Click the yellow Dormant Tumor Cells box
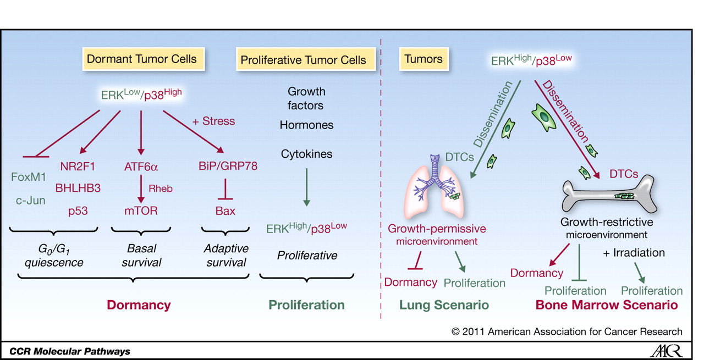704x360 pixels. click(x=142, y=59)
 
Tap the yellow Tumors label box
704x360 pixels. click(x=423, y=59)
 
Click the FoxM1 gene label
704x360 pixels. click(x=29, y=178)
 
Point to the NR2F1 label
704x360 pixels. click(x=78, y=166)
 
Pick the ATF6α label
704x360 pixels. click(x=141, y=166)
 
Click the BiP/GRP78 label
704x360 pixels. click(x=228, y=166)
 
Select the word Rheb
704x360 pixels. click(x=160, y=189)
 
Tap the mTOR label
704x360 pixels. click(x=141, y=211)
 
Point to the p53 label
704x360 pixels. click(x=78, y=211)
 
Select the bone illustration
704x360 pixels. click(x=608, y=197)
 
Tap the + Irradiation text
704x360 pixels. click(x=634, y=253)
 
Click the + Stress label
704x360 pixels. click(x=214, y=121)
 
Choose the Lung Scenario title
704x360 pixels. click(x=444, y=304)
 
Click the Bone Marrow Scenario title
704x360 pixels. click(x=606, y=304)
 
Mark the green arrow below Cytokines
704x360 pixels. click(x=307, y=188)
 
